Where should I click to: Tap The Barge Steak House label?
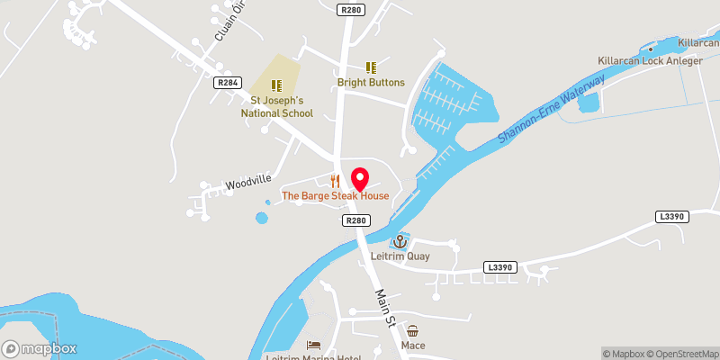pos(336,195)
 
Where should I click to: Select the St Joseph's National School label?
pos(276,107)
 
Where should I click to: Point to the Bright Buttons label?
pos(371,82)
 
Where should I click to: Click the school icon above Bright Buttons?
pos(371,67)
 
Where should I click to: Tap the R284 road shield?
pos(227,83)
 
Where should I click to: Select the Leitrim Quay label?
pos(400,256)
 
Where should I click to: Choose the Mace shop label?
pos(414,346)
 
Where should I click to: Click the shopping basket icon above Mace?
pos(414,331)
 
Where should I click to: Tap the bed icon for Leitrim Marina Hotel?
pos(312,346)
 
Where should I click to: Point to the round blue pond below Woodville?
pos(262,217)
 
